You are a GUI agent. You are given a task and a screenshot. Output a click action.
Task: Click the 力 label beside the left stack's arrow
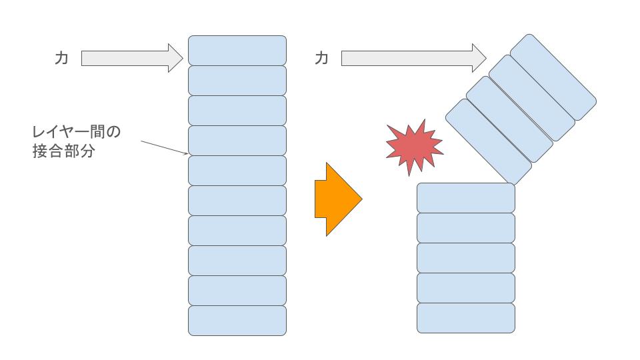click(61, 59)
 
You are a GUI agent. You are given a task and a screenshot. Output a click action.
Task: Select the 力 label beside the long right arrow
click(321, 59)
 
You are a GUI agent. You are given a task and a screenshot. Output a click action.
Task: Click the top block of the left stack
click(237, 50)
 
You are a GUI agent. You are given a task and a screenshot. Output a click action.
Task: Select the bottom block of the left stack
click(237, 320)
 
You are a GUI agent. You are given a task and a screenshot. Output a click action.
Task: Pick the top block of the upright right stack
click(466, 197)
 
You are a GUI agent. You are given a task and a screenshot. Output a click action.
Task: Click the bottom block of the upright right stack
click(466, 318)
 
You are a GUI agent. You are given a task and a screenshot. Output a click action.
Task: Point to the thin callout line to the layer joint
click(164, 147)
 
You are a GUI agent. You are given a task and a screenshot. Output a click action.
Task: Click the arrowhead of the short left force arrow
click(175, 59)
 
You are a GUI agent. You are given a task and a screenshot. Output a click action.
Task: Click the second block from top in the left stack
click(237, 80)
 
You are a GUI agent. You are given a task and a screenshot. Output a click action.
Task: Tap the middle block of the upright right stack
click(466, 258)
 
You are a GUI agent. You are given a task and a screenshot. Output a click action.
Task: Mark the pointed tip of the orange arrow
click(361, 199)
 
